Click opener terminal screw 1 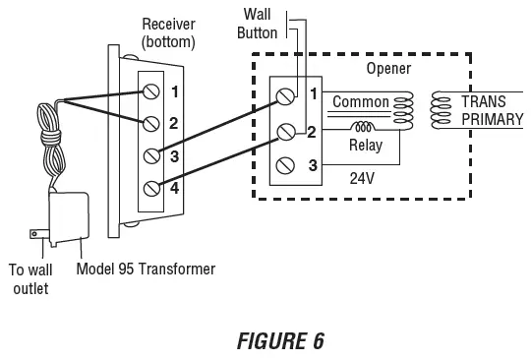coord(286,96)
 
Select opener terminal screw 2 coord(286,131)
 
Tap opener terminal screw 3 coord(286,164)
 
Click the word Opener coord(388,70)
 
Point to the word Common coord(361,102)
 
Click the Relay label coord(366,146)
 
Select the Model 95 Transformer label coord(146,269)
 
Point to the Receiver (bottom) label coord(169,32)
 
